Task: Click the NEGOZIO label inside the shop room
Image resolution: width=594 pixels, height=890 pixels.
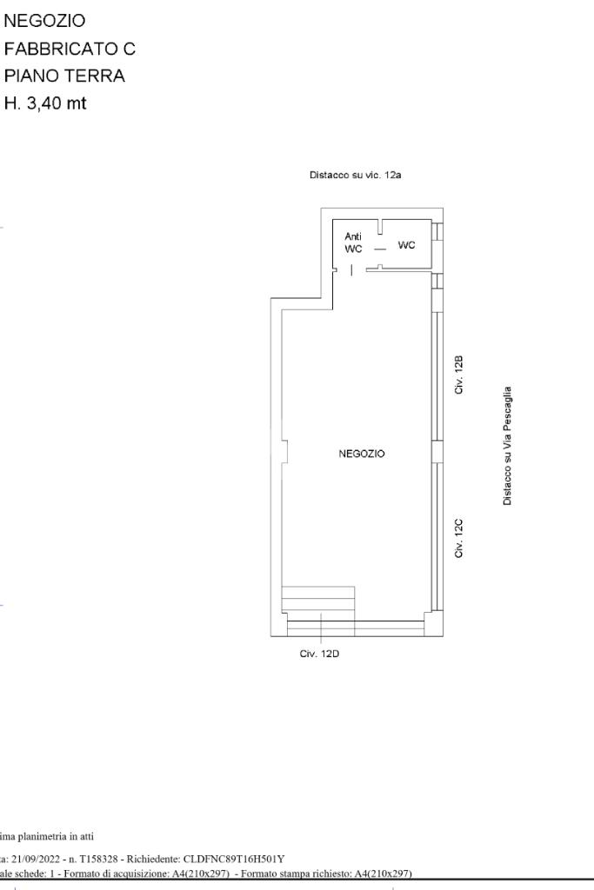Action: click(x=361, y=454)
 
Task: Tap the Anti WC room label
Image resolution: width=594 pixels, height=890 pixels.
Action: click(x=353, y=242)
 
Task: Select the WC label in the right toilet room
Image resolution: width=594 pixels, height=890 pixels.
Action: click(x=407, y=245)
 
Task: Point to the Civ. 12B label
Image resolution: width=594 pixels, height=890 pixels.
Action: click(x=459, y=375)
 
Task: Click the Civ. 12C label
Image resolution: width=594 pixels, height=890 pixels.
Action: click(x=459, y=538)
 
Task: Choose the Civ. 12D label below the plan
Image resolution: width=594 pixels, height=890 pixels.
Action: click(x=319, y=654)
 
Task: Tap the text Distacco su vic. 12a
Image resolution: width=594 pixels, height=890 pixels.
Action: click(x=356, y=175)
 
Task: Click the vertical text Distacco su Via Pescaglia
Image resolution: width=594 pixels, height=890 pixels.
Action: click(x=507, y=446)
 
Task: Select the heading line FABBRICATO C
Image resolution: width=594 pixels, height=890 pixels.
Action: click(x=70, y=49)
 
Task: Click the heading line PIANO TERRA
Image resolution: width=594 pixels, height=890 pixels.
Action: click(x=64, y=76)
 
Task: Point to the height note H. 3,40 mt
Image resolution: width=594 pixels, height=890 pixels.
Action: click(x=45, y=103)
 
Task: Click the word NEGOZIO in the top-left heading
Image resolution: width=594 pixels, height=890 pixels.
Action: click(x=45, y=21)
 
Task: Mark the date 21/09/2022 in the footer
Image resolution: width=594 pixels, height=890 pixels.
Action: click(x=36, y=860)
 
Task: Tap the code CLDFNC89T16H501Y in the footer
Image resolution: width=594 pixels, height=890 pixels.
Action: click(x=234, y=860)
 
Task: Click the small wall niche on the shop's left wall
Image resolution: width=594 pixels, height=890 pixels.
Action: click(x=285, y=451)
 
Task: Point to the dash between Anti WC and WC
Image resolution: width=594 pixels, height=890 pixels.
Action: click(x=380, y=249)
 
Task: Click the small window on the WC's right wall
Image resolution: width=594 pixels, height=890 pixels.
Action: click(x=437, y=231)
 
